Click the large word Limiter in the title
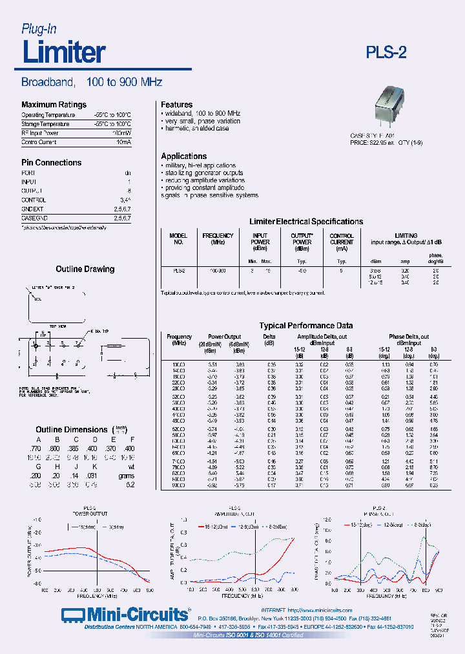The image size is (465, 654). pos(64,52)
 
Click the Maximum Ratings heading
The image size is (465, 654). pos(54,105)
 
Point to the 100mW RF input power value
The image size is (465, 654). pos(121,132)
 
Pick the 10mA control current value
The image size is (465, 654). pos(123,142)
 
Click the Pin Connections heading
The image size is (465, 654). pos(51,163)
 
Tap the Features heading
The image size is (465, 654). pos(176,105)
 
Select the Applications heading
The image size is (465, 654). pos(184,156)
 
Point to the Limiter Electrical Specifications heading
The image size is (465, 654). pos(306,222)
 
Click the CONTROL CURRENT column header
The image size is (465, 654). pos(342,242)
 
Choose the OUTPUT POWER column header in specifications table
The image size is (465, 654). pos(302,242)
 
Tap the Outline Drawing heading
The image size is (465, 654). pos(85,269)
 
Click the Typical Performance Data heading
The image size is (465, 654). pos(306,326)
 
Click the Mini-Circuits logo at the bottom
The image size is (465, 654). pos(125,614)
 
